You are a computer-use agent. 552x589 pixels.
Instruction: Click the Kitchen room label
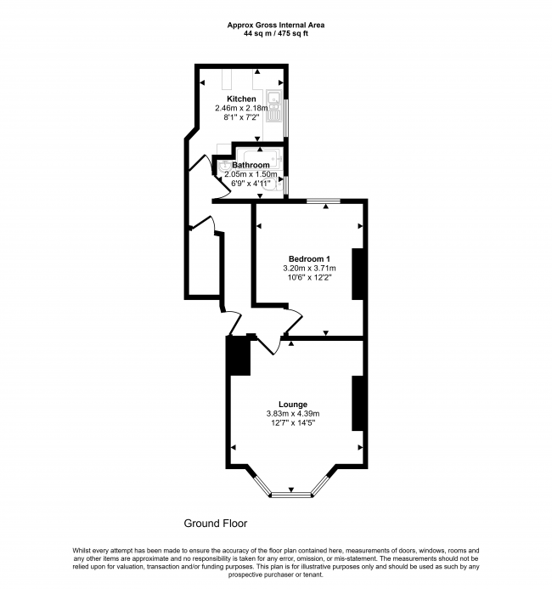(241, 99)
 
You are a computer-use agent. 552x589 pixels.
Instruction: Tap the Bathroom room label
(251, 165)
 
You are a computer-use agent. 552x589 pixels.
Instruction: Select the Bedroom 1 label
(309, 259)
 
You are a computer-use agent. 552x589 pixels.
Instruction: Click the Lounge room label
(293, 404)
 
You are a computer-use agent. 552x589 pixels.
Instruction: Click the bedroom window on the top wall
(324, 201)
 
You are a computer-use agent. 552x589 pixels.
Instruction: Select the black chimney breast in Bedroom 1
(358, 274)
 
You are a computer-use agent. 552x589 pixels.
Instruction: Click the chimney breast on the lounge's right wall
(358, 402)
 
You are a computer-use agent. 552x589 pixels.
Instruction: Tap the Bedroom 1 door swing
(290, 324)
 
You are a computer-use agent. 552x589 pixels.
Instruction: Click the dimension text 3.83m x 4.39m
(293, 414)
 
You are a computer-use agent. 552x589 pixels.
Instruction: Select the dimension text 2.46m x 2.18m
(240, 109)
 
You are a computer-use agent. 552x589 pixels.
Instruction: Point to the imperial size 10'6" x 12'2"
(309, 278)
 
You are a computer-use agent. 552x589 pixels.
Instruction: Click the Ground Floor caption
(216, 524)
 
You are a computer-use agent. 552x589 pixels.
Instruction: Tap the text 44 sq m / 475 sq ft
(275, 35)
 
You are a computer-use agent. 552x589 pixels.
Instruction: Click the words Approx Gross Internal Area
(275, 25)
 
